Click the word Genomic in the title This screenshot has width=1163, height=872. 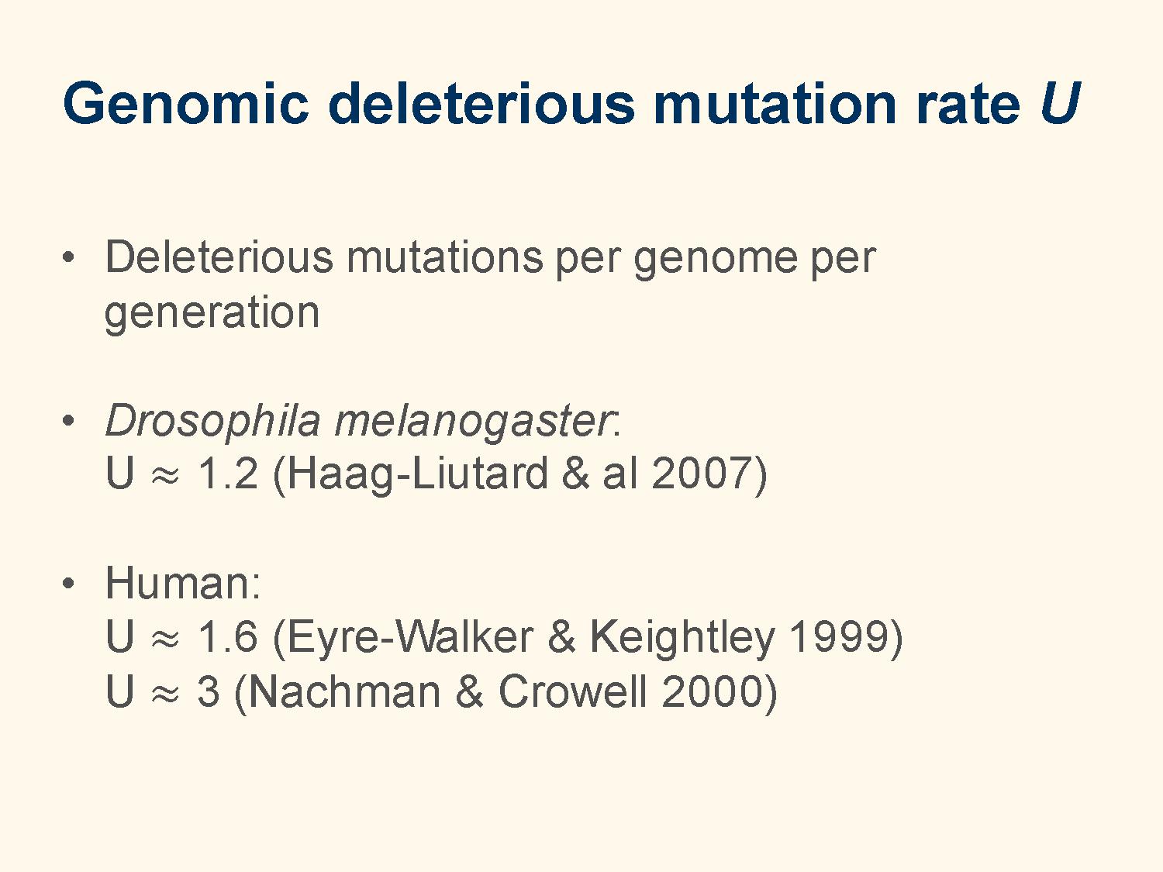click(x=185, y=103)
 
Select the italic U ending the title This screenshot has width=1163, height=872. click(x=1059, y=103)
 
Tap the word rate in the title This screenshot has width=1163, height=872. click(x=967, y=105)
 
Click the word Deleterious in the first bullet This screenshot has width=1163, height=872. click(x=219, y=257)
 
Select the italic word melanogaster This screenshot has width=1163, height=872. click(x=475, y=422)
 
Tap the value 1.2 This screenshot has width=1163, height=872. click(x=227, y=474)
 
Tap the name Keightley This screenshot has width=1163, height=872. click(x=682, y=639)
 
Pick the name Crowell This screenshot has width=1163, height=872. click(x=573, y=691)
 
